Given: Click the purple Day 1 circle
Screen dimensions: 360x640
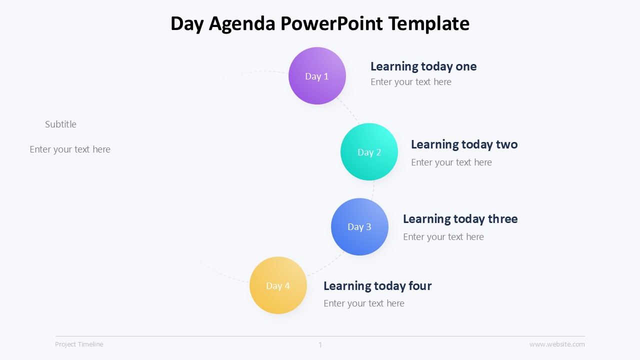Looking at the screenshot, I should pyautogui.click(x=317, y=76).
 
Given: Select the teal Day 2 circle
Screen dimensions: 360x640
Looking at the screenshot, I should pyautogui.click(x=369, y=152).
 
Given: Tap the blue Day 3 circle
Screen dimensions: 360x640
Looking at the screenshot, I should pyautogui.click(x=359, y=227).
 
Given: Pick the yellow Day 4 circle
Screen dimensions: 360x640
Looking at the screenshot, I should pyautogui.click(x=278, y=285).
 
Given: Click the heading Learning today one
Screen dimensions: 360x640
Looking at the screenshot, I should pyautogui.click(x=423, y=66).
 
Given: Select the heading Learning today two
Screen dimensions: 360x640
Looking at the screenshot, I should pyautogui.click(x=464, y=144).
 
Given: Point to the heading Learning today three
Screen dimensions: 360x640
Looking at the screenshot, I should pyautogui.click(x=460, y=219).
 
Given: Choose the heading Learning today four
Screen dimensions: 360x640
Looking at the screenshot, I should pyautogui.click(x=377, y=286).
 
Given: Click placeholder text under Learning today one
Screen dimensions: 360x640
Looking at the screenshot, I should pyautogui.click(x=410, y=82).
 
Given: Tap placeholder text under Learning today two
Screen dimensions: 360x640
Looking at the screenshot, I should pyautogui.click(x=451, y=162).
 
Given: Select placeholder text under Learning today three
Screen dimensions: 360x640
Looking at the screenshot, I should pyautogui.click(x=443, y=237).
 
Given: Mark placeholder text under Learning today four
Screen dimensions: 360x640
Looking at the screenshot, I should pyautogui.click(x=363, y=303).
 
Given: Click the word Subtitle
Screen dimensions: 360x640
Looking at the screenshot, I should pyautogui.click(x=60, y=124).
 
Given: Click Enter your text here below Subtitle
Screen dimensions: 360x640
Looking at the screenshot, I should pyautogui.click(x=70, y=149).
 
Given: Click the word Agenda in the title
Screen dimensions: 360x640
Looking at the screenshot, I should pyautogui.click(x=242, y=23).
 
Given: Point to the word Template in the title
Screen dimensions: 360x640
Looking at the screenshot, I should pyautogui.click(x=428, y=23).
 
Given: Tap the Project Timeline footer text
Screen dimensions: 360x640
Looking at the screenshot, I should pyautogui.click(x=79, y=344).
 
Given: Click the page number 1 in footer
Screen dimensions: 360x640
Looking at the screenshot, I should pyautogui.click(x=320, y=344).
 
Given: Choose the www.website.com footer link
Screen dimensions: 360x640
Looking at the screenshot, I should pyautogui.click(x=556, y=344).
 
